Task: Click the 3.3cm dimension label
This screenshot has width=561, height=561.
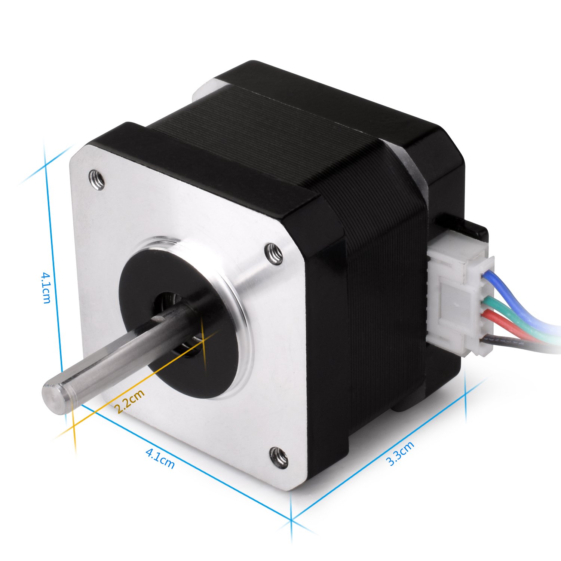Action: (401, 453)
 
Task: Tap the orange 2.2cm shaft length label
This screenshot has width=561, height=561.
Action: (129, 401)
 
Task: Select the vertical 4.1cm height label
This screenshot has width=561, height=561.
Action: (46, 287)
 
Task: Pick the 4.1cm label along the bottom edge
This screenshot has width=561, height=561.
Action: (160, 459)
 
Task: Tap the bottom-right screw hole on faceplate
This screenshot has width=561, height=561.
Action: (278, 457)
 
